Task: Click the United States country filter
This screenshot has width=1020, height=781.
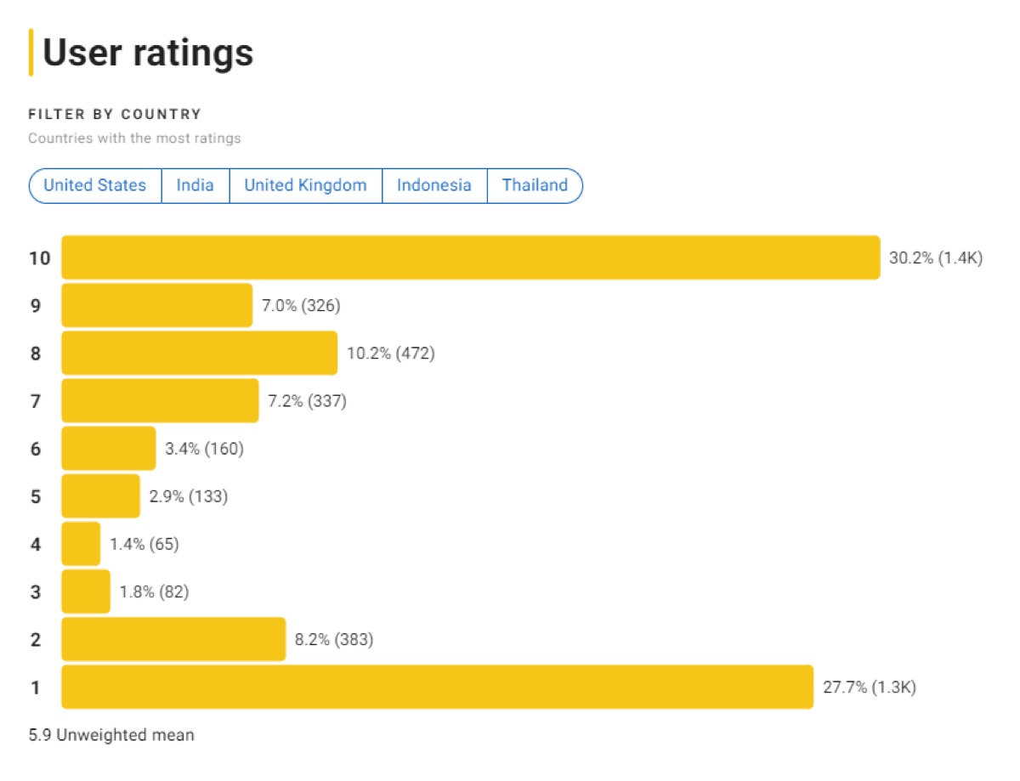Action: [94, 185]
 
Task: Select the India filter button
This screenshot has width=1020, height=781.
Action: [195, 185]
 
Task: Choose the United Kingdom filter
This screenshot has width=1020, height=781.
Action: [305, 185]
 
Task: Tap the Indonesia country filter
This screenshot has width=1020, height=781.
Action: [433, 185]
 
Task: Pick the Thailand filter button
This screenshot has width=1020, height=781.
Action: [535, 185]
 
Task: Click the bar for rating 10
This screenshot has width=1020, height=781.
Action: [470, 258]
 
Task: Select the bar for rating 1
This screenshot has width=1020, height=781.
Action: [437, 687]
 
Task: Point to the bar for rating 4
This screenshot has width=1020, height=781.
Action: [81, 544]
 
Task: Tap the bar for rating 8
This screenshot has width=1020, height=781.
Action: [199, 353]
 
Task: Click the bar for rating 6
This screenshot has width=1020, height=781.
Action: [108, 448]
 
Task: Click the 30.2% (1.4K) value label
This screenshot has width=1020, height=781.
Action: [935, 258]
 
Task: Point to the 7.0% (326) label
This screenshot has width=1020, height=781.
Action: [301, 305]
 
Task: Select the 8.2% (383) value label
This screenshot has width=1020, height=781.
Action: [333, 639]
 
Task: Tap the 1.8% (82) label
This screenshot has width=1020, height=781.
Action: [154, 591]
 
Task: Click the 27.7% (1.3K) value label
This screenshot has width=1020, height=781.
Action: [869, 687]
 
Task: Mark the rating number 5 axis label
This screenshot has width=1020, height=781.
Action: [36, 496]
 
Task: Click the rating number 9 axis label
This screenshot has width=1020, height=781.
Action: [36, 305]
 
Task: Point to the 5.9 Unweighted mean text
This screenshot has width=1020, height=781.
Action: [111, 734]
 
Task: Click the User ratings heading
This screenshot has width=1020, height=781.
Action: [148, 53]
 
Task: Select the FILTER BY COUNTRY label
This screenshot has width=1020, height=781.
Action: [115, 114]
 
